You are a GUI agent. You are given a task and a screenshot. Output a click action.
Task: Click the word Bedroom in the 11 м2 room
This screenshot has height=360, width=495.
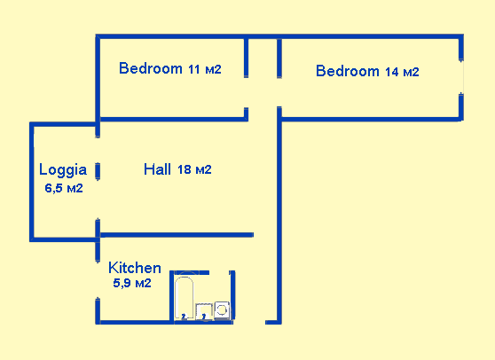point(151,68)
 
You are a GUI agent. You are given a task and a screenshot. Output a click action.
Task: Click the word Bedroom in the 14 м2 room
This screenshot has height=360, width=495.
point(348,71)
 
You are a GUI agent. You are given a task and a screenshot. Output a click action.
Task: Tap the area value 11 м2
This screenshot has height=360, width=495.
point(204,69)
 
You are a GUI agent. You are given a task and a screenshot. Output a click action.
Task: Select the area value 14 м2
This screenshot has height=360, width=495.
point(402,72)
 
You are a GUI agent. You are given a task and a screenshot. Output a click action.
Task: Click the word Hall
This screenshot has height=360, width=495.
point(158,168)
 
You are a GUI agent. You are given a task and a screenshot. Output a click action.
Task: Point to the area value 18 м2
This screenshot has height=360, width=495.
point(194,169)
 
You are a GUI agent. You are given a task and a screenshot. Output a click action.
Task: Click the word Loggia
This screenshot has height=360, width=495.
point(63,168)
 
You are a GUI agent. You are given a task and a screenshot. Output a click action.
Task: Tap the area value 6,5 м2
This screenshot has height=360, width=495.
point(64,187)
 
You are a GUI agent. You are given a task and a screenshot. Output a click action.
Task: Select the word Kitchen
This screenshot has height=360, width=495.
point(135,267)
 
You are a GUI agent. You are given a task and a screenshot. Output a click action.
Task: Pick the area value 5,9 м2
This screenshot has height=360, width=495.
point(131,284)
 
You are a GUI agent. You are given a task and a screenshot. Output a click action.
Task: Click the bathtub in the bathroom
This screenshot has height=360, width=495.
point(185,297)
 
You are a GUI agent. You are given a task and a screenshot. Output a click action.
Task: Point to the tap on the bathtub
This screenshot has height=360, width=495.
point(184,315)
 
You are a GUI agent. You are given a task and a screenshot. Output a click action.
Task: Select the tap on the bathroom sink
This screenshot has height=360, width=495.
point(204,316)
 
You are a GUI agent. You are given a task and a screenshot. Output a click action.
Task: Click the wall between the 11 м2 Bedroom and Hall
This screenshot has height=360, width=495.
point(169,118)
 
